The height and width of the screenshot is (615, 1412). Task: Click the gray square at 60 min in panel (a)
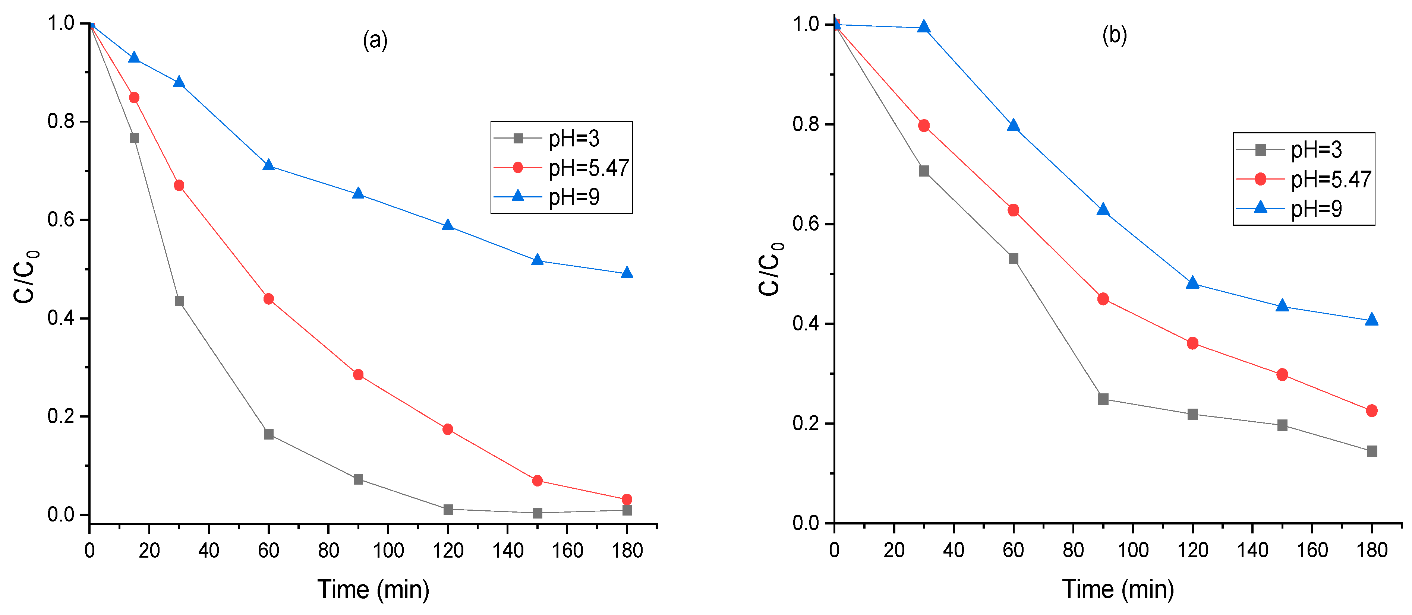[269, 434]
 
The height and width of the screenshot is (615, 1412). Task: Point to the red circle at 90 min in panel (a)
[358, 375]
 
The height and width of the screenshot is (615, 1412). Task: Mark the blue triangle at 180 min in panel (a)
[627, 273]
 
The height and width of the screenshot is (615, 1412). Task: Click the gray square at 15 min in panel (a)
[134, 138]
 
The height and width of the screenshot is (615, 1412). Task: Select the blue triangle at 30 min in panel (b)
[924, 27]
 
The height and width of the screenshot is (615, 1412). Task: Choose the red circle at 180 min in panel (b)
[1371, 411]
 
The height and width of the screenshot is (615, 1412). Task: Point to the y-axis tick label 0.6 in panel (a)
[60, 220]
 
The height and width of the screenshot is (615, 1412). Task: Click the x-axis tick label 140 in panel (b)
[1252, 550]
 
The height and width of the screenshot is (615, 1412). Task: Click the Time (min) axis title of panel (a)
[373, 590]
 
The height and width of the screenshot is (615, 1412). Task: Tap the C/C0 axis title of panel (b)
[770, 269]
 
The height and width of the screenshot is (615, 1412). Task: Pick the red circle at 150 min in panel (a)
[537, 480]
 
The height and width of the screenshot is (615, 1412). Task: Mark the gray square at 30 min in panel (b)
[924, 171]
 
